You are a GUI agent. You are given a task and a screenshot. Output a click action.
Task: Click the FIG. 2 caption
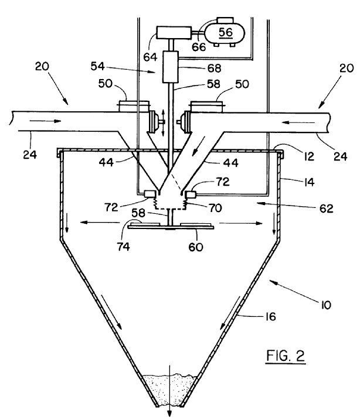pyautogui.click(x=286, y=356)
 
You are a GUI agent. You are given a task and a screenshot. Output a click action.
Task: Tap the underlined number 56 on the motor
pyautogui.click(x=225, y=32)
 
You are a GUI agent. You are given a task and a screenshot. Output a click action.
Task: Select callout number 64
pyautogui.click(x=150, y=57)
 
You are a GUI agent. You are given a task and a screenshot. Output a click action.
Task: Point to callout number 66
pyautogui.click(x=199, y=47)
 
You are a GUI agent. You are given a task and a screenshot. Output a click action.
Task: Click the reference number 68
pyautogui.click(x=214, y=69)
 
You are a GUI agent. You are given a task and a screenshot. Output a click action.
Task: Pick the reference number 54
pyautogui.click(x=97, y=66)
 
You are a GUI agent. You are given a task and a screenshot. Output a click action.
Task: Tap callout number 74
pyautogui.click(x=123, y=247)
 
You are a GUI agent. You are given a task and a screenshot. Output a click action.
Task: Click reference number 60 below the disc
pyautogui.click(x=196, y=247)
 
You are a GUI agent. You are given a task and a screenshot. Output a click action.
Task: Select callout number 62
pyautogui.click(x=326, y=209)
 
